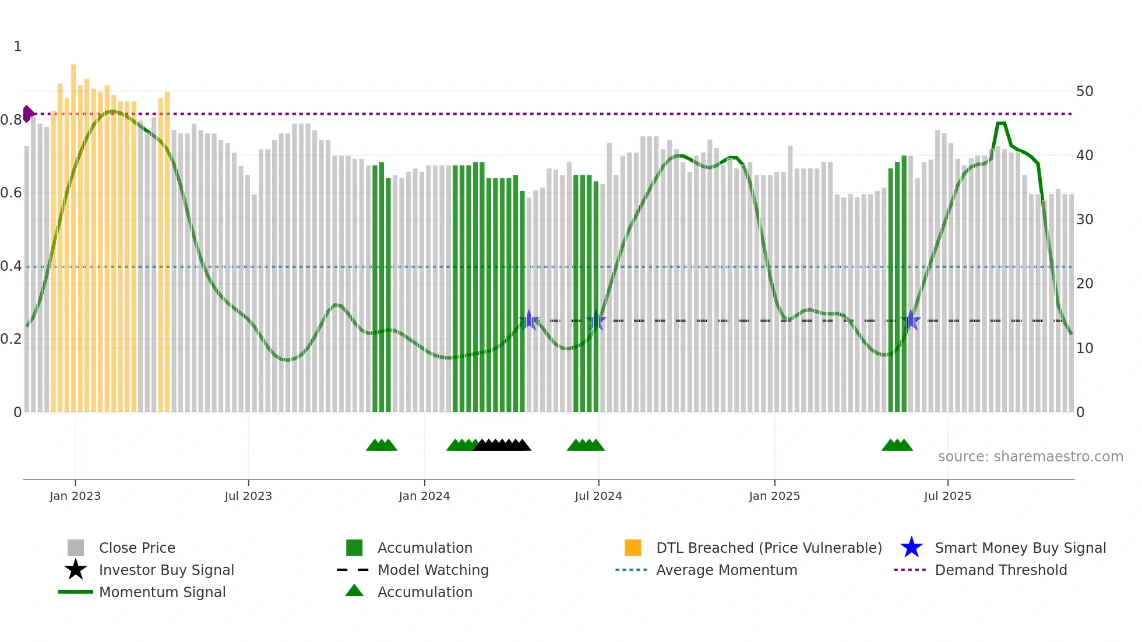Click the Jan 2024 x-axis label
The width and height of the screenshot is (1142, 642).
tap(424, 496)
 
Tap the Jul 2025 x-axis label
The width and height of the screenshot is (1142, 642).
tap(947, 496)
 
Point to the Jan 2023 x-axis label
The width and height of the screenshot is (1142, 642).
tap(75, 496)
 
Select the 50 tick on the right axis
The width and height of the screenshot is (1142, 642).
tap(1084, 91)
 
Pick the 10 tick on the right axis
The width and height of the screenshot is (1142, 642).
tap(1084, 348)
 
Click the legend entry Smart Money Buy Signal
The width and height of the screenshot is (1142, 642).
tap(1020, 548)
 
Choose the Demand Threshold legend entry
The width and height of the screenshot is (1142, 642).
tap(1000, 570)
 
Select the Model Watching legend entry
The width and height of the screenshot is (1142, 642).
tap(432, 570)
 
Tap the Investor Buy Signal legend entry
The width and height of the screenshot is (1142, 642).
tap(166, 570)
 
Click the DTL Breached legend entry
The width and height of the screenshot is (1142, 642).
tap(769, 548)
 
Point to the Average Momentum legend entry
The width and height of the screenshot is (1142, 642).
tap(726, 570)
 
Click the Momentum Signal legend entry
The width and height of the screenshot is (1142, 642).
tap(162, 592)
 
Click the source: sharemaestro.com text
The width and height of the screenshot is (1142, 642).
tap(1030, 457)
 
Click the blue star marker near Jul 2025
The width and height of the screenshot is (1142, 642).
tap(911, 320)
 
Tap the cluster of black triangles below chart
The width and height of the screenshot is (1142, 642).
tap(502, 445)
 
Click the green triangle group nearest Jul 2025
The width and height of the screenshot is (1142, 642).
tap(897, 445)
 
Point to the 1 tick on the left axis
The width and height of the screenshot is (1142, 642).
tap(17, 47)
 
